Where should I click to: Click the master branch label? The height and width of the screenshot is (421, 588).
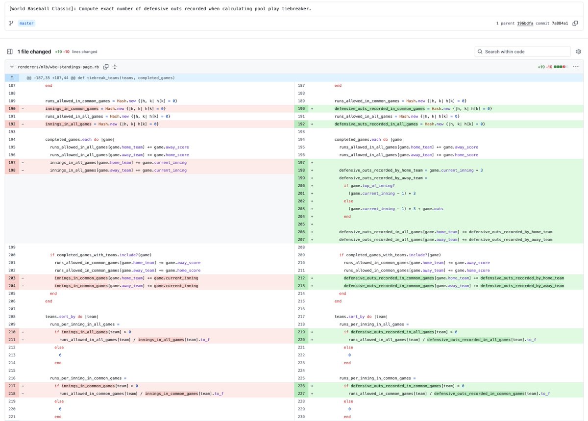pyautogui.click(x=27, y=24)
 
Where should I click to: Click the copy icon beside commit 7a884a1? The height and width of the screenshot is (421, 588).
pyautogui.click(x=575, y=24)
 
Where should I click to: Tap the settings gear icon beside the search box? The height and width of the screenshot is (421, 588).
pyautogui.click(x=578, y=51)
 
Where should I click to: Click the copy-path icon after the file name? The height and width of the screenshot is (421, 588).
pyautogui.click(x=106, y=67)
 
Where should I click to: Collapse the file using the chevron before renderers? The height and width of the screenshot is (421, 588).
pyautogui.click(x=12, y=67)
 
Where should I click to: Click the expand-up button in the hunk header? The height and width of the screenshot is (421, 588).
pyautogui.click(x=12, y=77)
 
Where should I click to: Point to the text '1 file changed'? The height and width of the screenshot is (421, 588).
pyautogui.click(x=34, y=51)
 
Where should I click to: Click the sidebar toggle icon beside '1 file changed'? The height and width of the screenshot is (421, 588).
pyautogui.click(x=9, y=51)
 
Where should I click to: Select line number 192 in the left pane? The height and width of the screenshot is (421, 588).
pyautogui.click(x=12, y=124)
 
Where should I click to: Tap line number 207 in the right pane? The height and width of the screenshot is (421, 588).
pyautogui.click(x=301, y=240)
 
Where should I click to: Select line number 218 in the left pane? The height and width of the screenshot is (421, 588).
pyautogui.click(x=12, y=394)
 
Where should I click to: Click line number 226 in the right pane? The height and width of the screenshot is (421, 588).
pyautogui.click(x=301, y=386)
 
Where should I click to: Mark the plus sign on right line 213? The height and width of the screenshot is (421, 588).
pyautogui.click(x=312, y=286)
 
